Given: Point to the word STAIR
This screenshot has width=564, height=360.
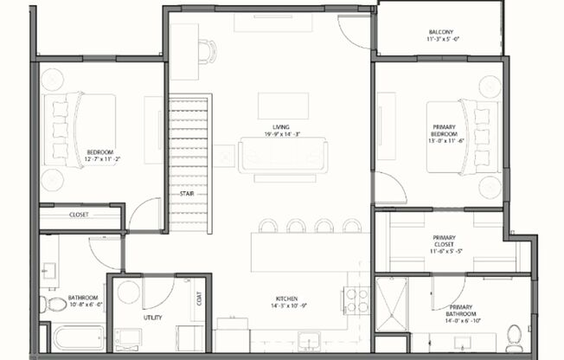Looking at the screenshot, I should (186, 193).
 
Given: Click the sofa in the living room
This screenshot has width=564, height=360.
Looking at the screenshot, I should (283, 157).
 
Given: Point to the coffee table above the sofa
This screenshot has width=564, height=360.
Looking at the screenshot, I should (277, 105).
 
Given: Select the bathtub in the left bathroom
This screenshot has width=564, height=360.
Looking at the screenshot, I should (77, 337).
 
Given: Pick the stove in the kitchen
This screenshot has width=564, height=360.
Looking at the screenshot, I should (356, 300).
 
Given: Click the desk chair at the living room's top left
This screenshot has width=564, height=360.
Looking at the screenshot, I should (207, 52).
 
